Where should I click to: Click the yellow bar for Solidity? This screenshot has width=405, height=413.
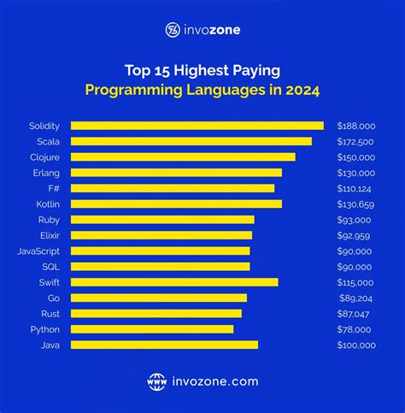[x=197, y=126]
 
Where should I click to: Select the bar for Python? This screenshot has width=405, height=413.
[x=151, y=329]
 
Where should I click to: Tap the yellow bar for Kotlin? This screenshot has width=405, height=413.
[x=176, y=204]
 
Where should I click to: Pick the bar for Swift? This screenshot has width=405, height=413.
[x=174, y=282]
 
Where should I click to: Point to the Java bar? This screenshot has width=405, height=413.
[x=164, y=345]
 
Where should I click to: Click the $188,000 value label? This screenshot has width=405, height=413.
[x=356, y=126]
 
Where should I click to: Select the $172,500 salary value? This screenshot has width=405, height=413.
[x=356, y=141]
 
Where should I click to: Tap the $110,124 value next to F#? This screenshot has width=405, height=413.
[x=356, y=188]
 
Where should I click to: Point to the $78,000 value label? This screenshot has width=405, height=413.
[x=356, y=329]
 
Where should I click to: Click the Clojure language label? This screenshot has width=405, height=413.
[x=44, y=157]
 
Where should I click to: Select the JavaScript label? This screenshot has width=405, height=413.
[x=38, y=251]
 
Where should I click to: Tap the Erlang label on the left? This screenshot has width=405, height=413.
[x=46, y=173]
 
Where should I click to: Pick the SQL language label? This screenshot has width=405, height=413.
[x=50, y=267]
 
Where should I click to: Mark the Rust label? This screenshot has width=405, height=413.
[x=50, y=314]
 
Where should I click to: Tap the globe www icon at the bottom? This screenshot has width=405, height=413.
[x=156, y=381]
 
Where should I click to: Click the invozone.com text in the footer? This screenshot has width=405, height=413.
[x=214, y=381]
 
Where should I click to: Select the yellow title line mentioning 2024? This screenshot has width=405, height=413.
[x=202, y=91]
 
